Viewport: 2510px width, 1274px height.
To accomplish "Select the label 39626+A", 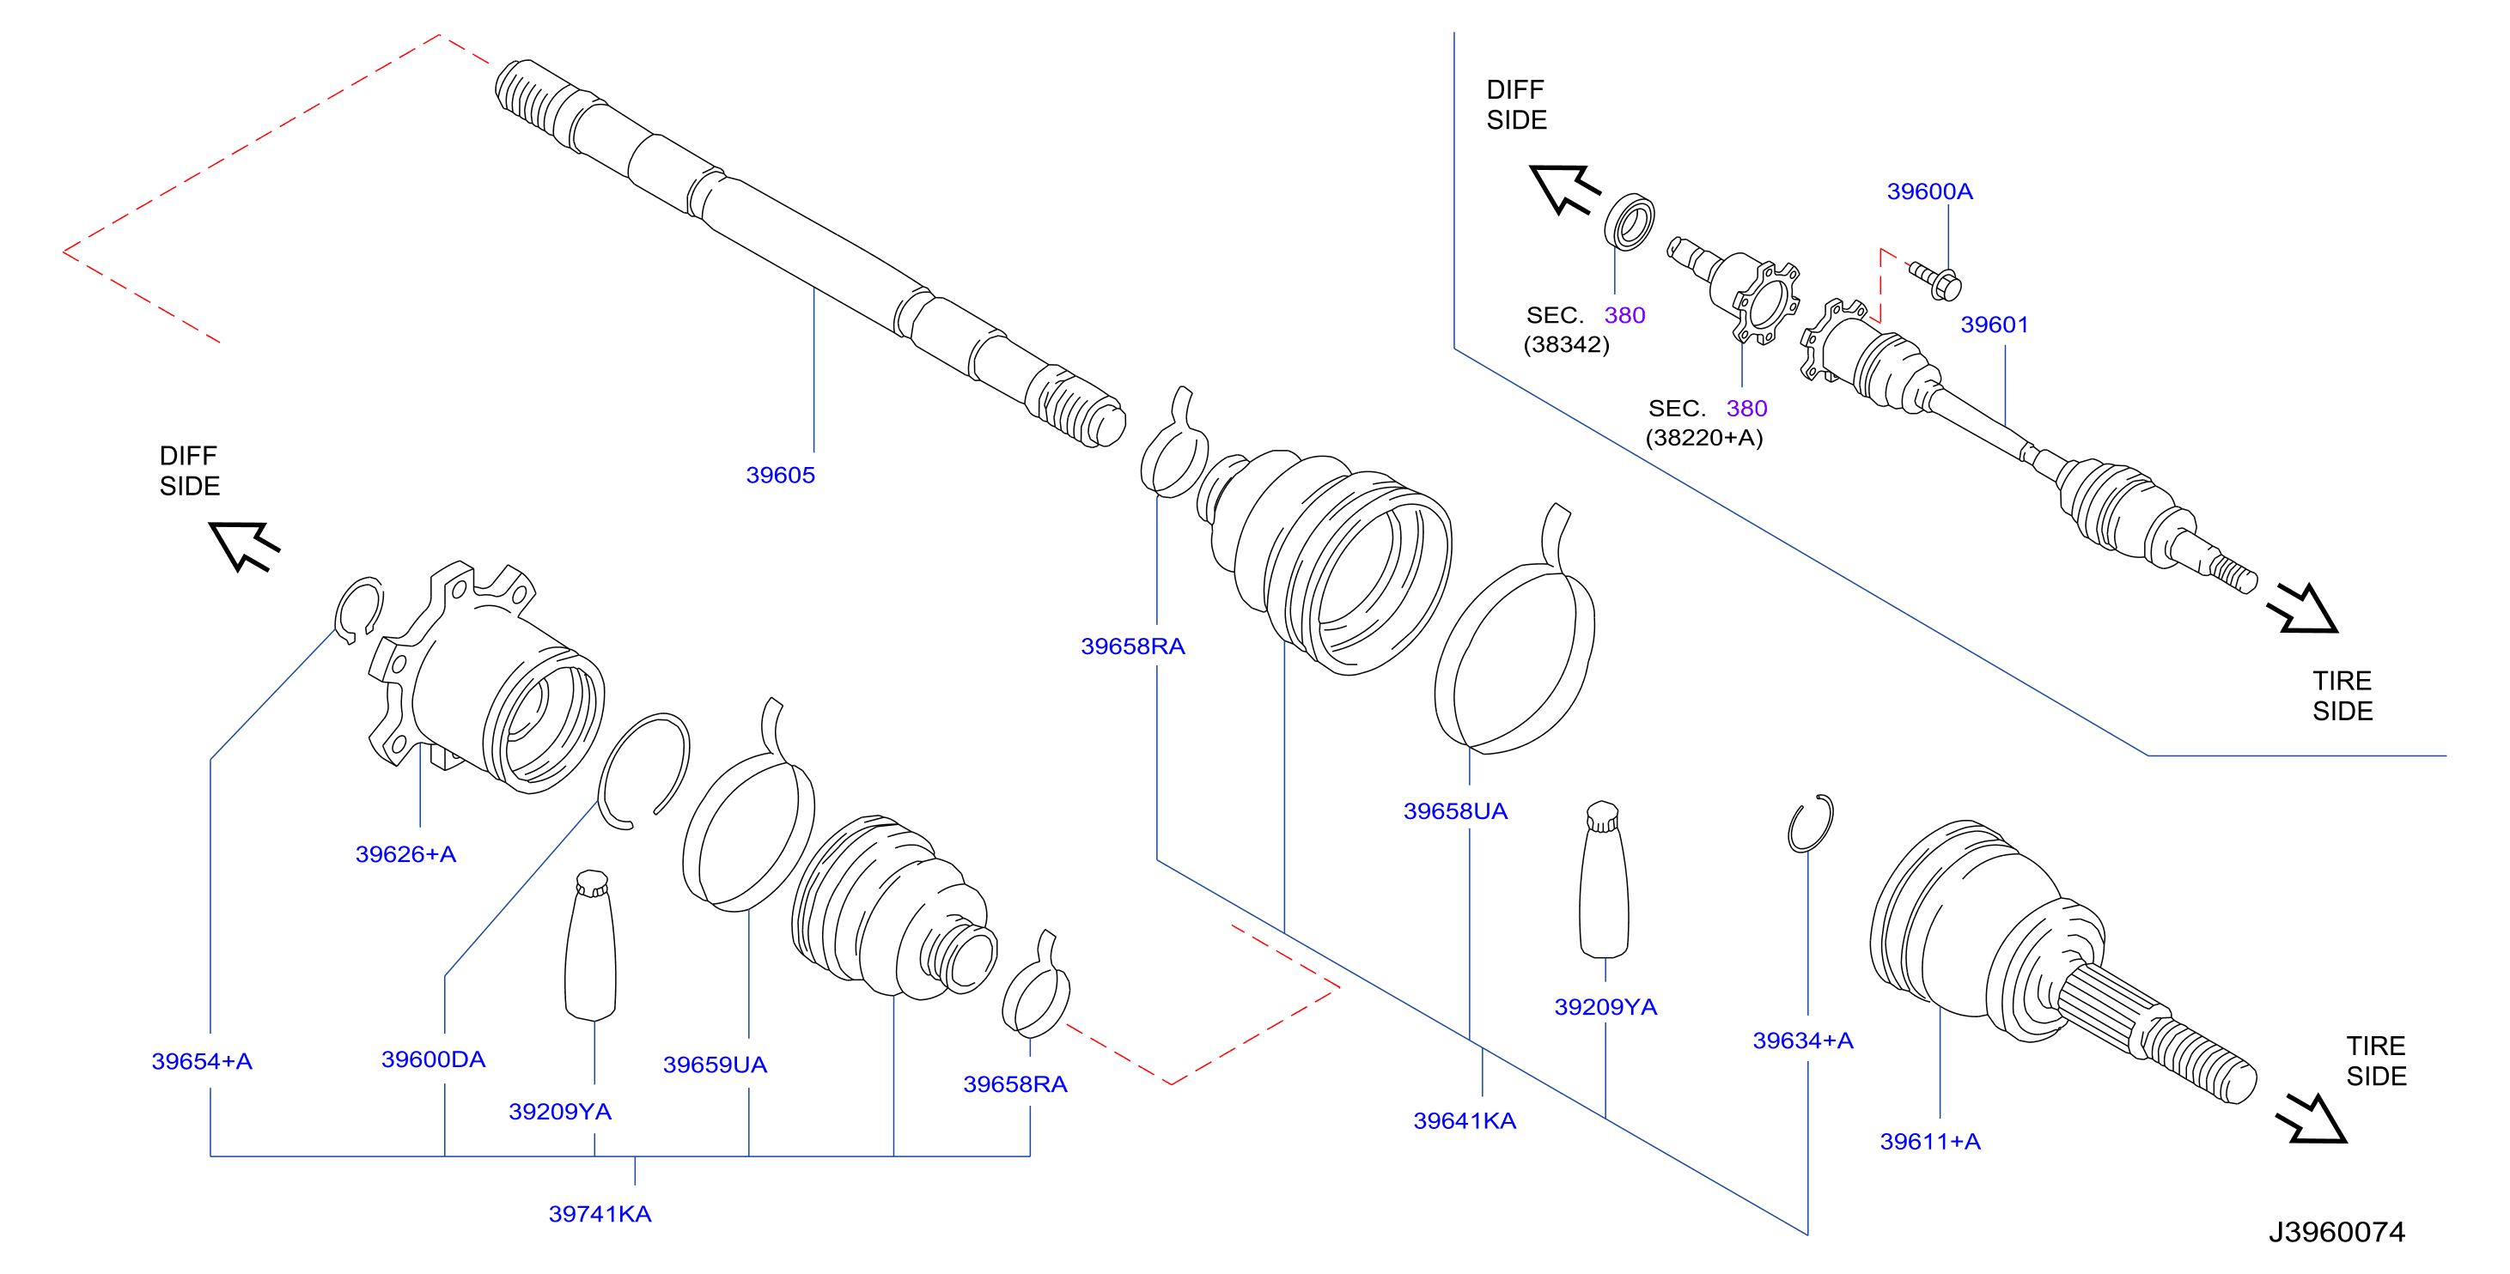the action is [x=405, y=854].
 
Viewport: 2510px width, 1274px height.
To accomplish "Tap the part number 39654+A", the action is [x=202, y=1061].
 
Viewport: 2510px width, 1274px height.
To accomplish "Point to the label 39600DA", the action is [x=433, y=1059].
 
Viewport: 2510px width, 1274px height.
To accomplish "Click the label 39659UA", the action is [x=716, y=1065].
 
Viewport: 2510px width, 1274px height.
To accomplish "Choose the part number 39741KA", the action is [x=600, y=1214].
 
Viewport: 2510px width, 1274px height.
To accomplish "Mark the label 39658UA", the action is [x=1455, y=811].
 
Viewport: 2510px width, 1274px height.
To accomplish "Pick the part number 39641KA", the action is [x=1465, y=1121].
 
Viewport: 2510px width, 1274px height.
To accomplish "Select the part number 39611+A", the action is [x=1929, y=1142].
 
